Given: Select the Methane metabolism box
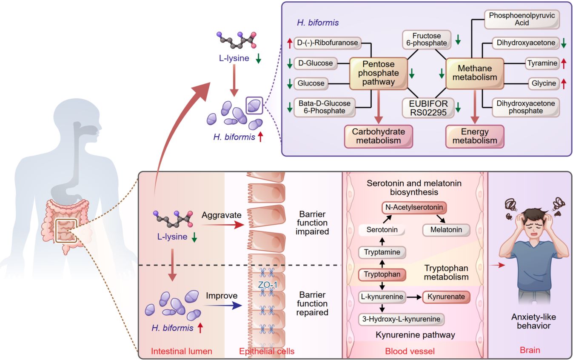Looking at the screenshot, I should point(475,73).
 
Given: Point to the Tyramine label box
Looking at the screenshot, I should point(542,63).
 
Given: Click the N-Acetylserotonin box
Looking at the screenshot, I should point(414,208).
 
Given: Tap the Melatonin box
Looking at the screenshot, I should point(446,230).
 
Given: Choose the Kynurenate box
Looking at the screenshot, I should point(446,297).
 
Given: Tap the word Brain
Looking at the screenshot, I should point(530,351).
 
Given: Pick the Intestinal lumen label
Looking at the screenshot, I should point(182,351).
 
